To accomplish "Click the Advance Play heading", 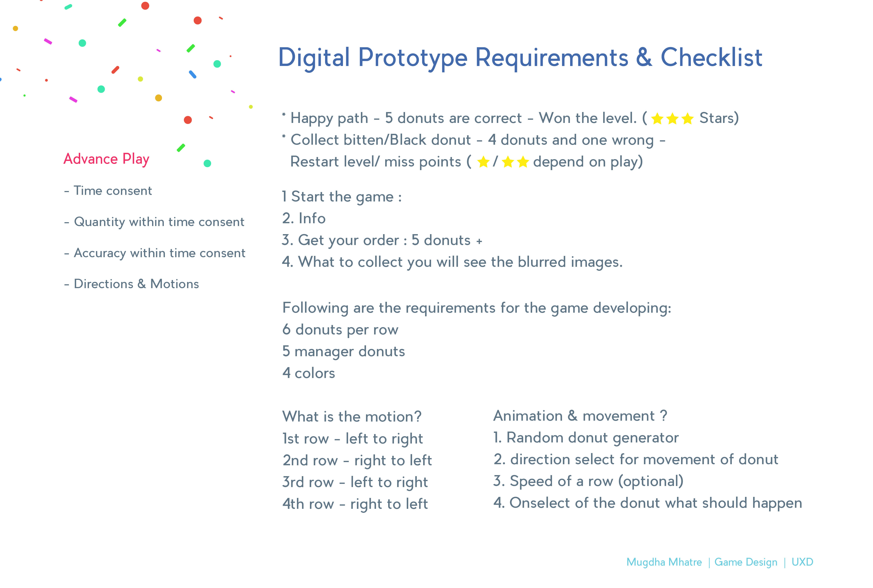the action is pos(106,159).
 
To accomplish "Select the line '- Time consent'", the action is pos(108,191).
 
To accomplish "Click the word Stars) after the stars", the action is pos(719,118).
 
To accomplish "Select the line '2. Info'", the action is pos(304,218).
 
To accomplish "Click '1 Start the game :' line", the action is pos(342,197).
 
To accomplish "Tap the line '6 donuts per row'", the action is pos(340,330).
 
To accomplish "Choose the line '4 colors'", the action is pos(309,373).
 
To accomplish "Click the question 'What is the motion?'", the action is pos(352,417).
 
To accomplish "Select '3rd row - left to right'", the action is pos(355,482).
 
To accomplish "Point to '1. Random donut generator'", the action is pos(586,438).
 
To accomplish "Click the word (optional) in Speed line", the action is pos(651,481).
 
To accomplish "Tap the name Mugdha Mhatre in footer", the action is pos(664,562).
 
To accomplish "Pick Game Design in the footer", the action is pos(746,562).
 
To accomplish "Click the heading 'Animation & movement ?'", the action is pos(580,416).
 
